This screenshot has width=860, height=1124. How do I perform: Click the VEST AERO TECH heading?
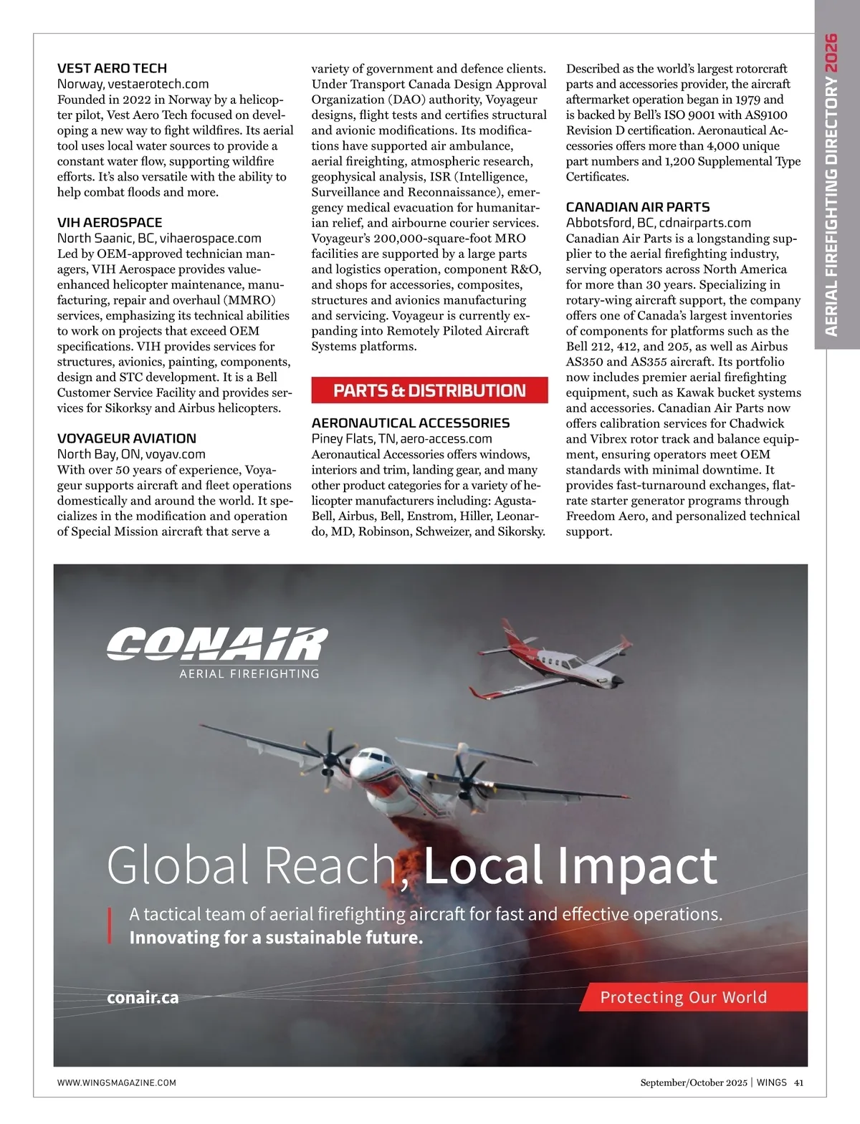pyautogui.click(x=112, y=69)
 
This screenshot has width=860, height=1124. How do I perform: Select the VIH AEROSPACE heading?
pyautogui.click(x=110, y=223)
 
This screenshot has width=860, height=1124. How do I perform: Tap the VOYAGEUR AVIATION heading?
pyautogui.click(x=127, y=438)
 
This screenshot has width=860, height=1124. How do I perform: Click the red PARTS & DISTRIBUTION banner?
pyautogui.click(x=429, y=390)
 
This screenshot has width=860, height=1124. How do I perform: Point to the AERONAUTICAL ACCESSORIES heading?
pyautogui.click(x=411, y=423)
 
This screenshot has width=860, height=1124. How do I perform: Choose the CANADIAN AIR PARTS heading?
pyautogui.click(x=638, y=207)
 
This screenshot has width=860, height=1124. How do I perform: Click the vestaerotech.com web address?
pyautogui.click(x=158, y=85)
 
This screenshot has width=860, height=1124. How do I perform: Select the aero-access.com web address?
pyautogui.click(x=446, y=438)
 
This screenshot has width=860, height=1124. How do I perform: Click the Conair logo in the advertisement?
pyautogui.click(x=216, y=645)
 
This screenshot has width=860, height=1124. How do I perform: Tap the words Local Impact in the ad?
pyautogui.click(x=570, y=865)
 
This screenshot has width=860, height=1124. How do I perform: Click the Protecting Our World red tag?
pyautogui.click(x=683, y=997)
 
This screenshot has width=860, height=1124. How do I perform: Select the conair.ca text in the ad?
pyautogui.click(x=143, y=997)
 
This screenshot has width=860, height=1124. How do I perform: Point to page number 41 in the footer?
pyautogui.click(x=798, y=1082)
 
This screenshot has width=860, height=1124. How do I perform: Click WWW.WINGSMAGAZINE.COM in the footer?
pyautogui.click(x=117, y=1082)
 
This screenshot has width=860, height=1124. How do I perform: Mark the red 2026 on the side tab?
pyautogui.click(x=831, y=52)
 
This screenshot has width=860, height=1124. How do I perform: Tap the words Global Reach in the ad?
pyautogui.click(x=252, y=865)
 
